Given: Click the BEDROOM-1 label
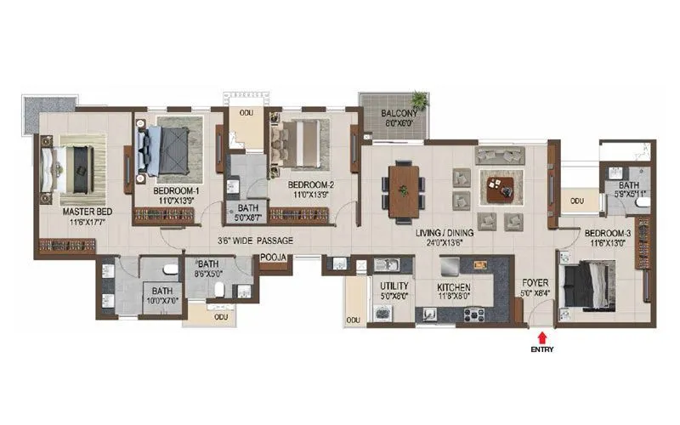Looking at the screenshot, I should (176, 191).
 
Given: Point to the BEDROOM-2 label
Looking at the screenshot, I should (309, 184).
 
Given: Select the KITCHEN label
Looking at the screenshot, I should (455, 287).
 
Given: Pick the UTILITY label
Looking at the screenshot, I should (394, 287).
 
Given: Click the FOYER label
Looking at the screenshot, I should (533, 287).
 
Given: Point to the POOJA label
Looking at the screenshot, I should (274, 254).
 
